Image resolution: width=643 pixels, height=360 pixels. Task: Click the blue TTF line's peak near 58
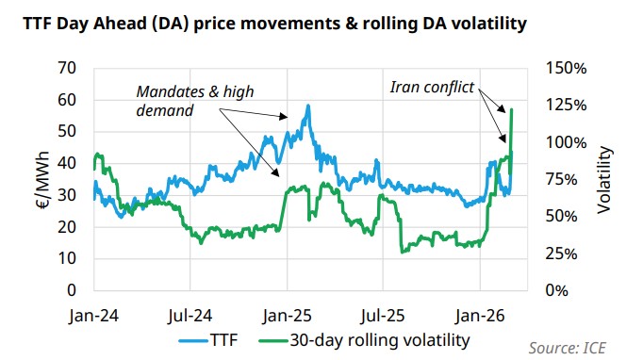308,106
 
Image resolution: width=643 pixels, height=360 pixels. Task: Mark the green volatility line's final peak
511,110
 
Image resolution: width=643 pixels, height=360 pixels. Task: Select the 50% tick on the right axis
566,216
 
